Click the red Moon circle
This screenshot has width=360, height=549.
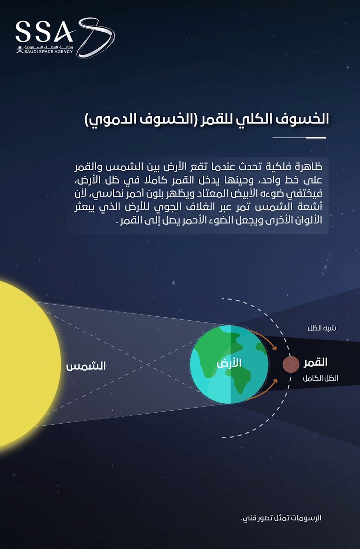click(291, 364)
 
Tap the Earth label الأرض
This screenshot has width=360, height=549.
click(229, 363)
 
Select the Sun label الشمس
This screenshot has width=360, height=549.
click(86, 366)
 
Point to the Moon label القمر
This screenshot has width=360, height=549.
click(315, 362)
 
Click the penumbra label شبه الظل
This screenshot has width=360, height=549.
click(322, 328)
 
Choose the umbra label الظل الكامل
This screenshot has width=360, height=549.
click(320, 378)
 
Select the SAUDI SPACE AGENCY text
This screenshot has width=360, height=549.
click(48, 52)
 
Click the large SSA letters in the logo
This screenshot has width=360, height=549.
click(44, 31)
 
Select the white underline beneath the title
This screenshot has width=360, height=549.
click(299, 138)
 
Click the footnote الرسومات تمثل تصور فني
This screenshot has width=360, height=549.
click(281, 518)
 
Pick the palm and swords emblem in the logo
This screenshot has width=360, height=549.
click(19, 49)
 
